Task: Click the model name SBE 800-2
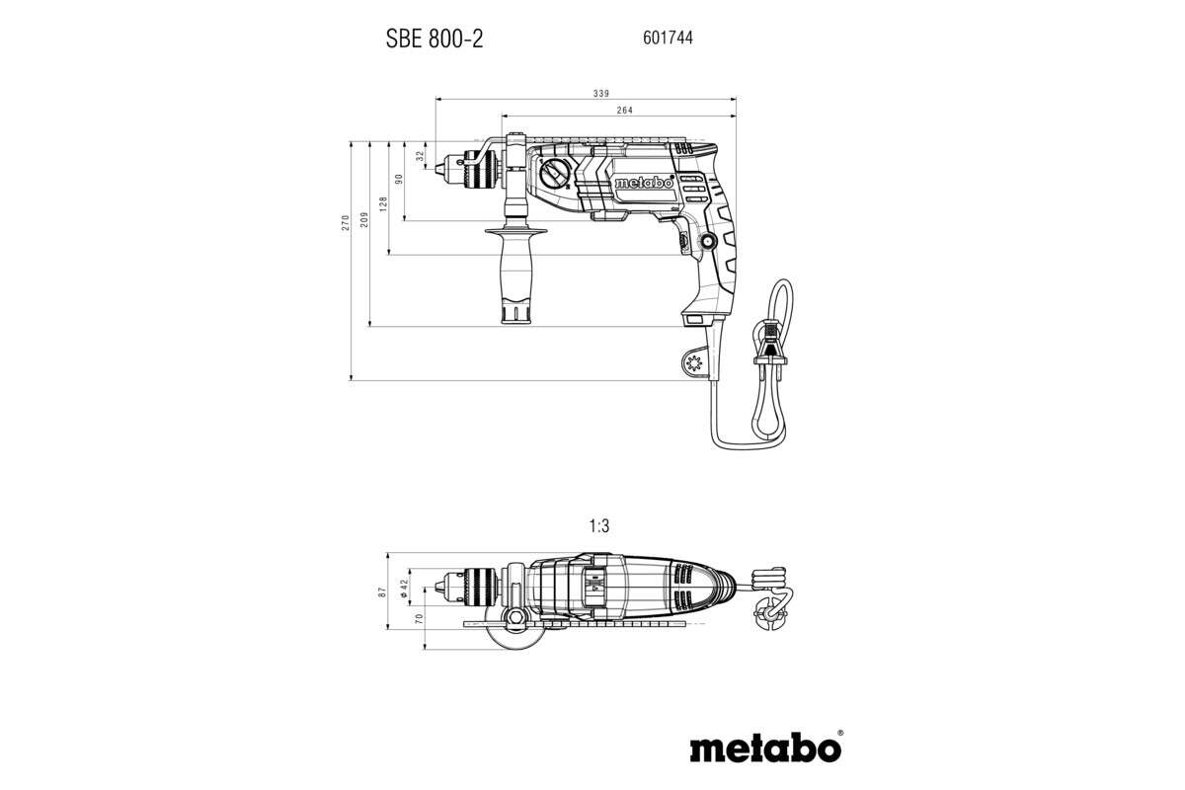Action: (434, 39)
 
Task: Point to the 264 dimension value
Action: (624, 110)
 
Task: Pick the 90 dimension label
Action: (400, 180)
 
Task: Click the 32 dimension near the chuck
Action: (421, 155)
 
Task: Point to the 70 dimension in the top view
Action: (420, 619)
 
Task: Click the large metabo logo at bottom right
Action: (765, 748)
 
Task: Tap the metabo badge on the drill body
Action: (643, 184)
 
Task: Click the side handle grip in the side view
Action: (514, 276)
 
